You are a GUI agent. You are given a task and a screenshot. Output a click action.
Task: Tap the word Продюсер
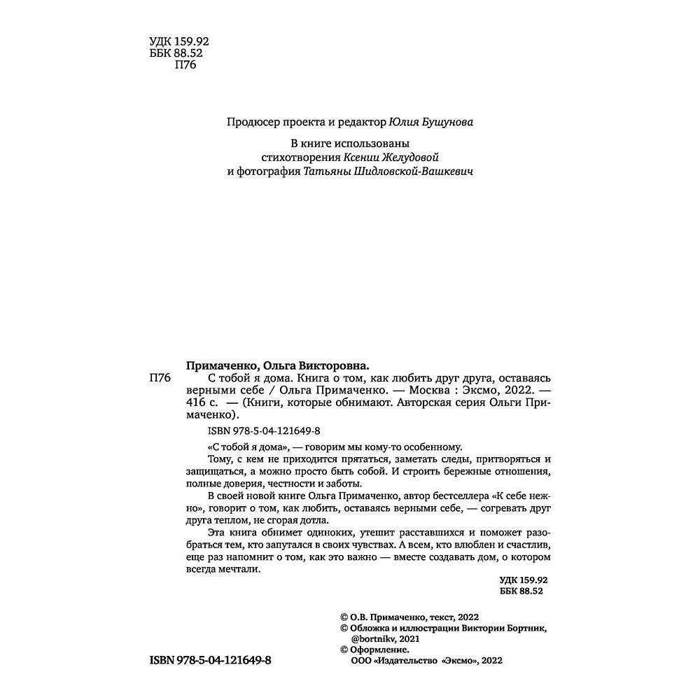[250, 122]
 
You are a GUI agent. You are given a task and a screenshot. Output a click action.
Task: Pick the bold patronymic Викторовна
[330, 365]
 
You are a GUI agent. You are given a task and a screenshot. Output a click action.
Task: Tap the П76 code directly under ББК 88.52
[183, 66]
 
